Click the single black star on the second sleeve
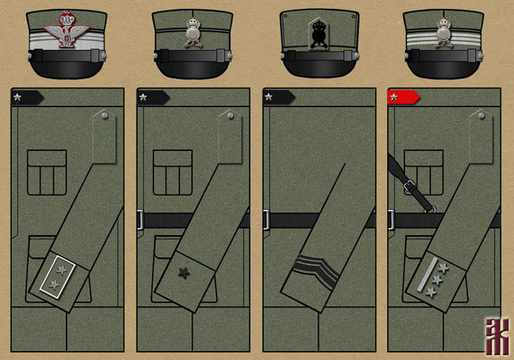184,273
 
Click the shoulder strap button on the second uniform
230,117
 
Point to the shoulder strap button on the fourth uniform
482,117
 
